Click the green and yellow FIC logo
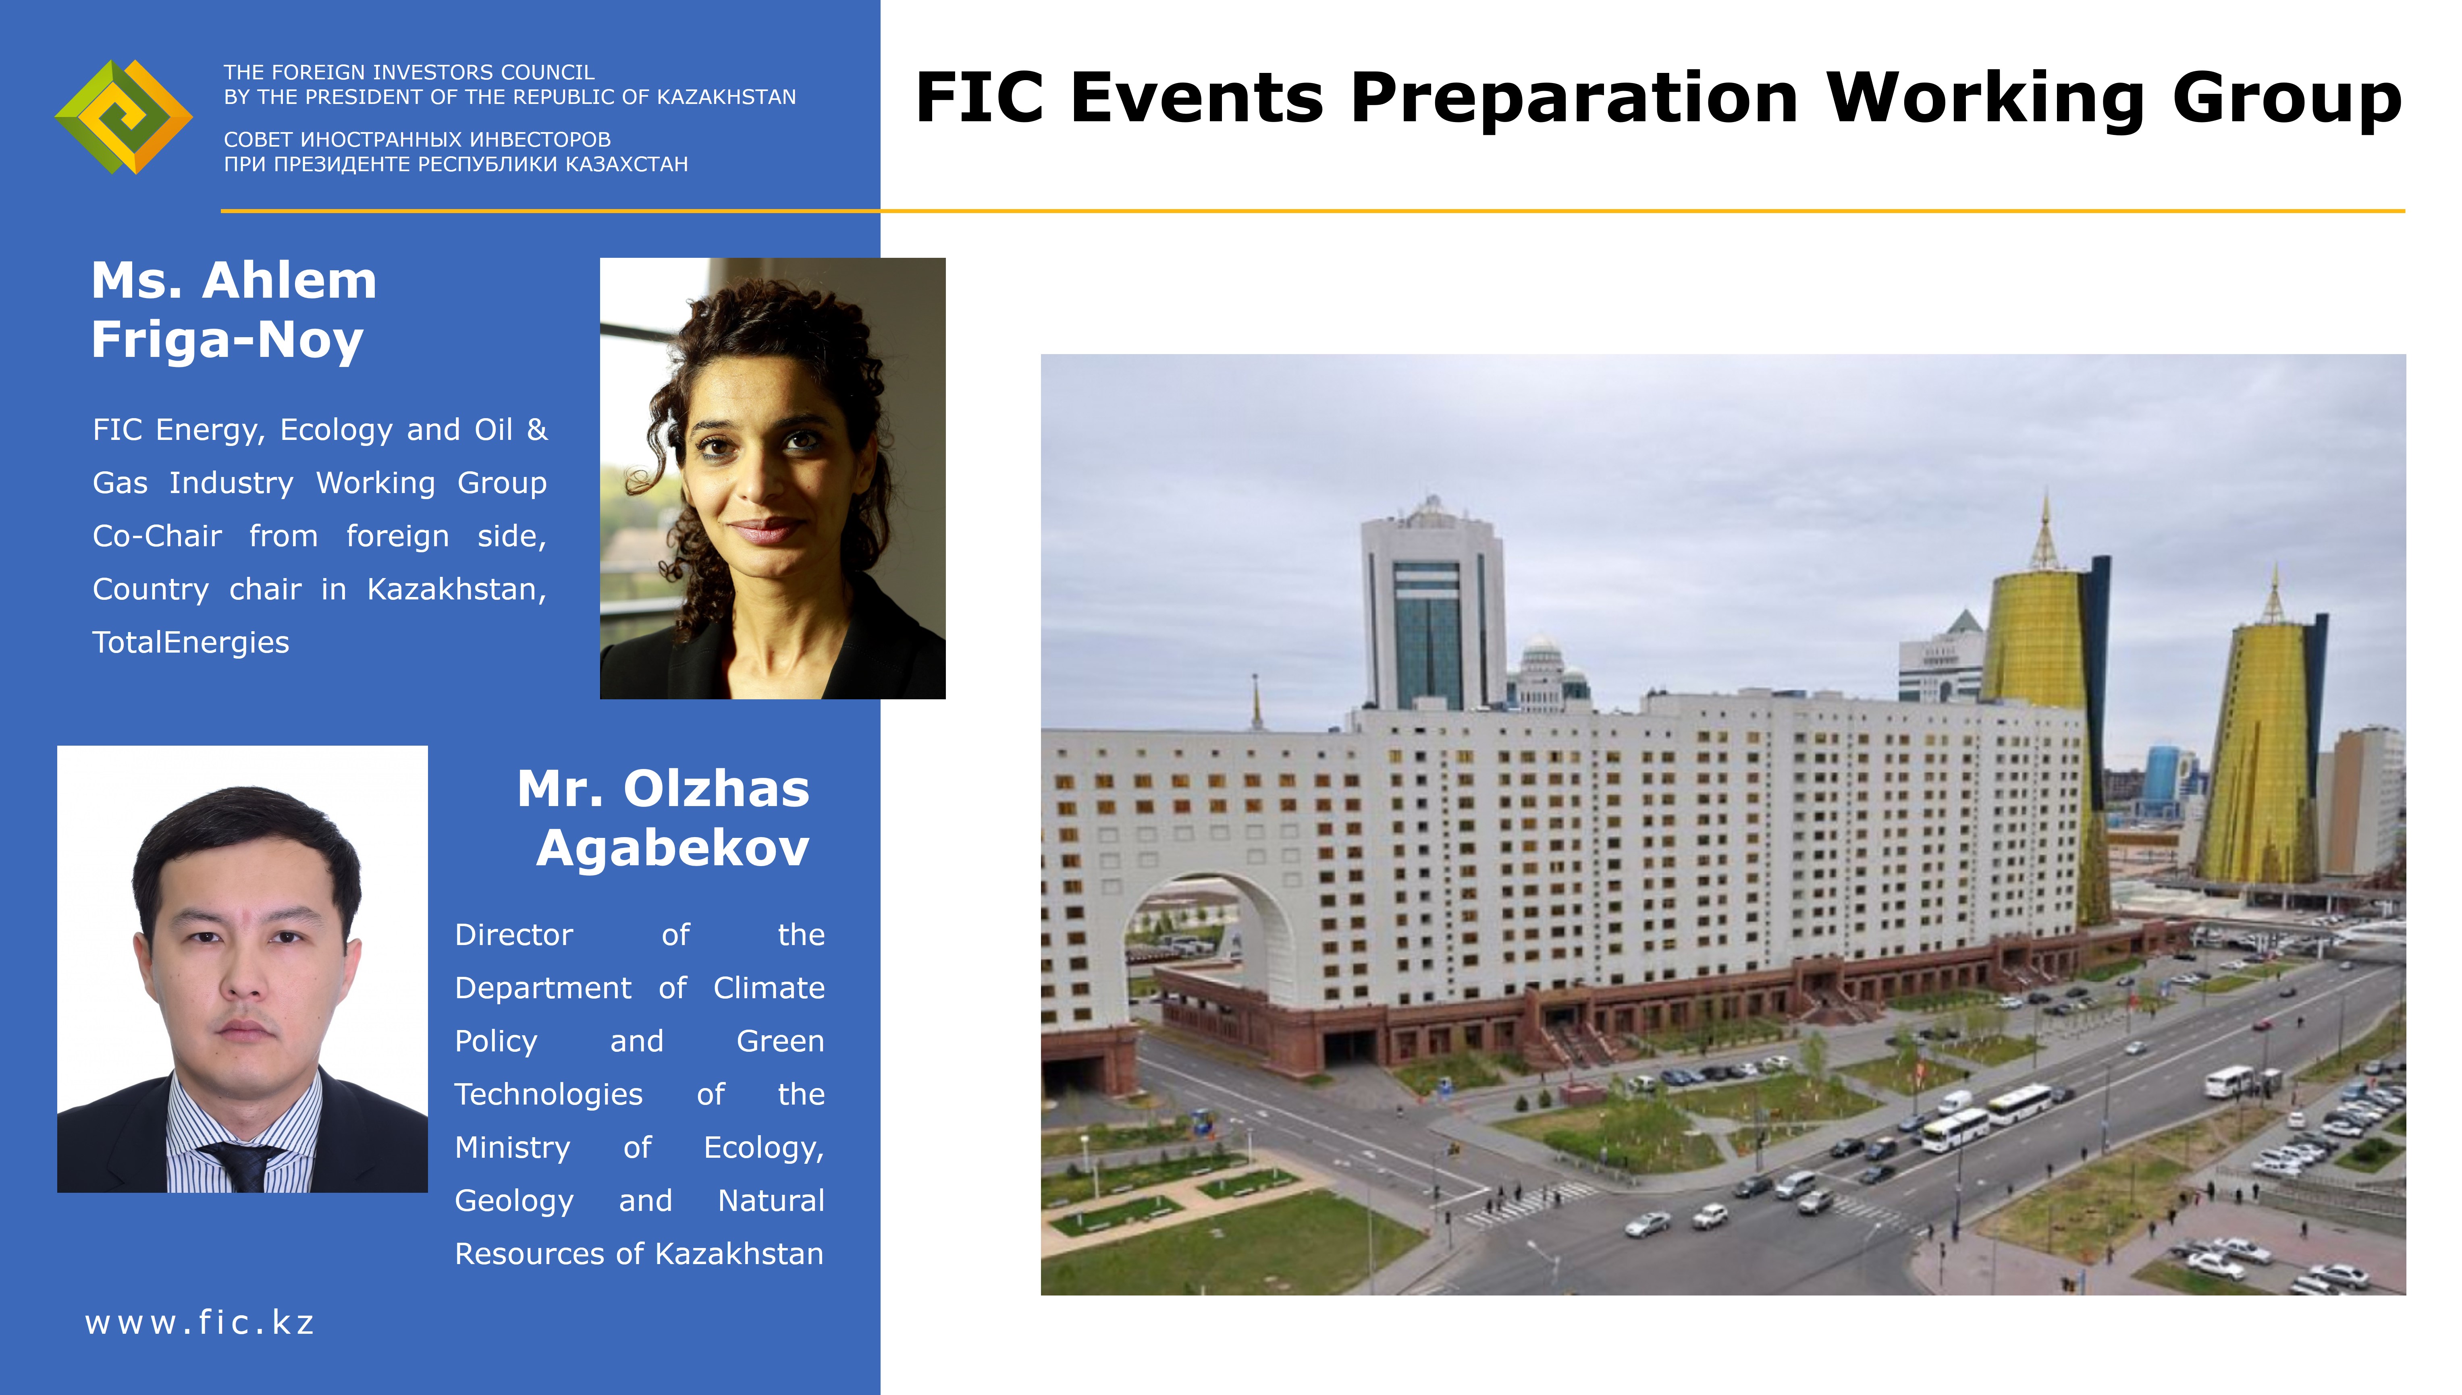coord(124,117)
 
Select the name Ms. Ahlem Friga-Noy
coord(234,309)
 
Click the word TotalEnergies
coord(191,642)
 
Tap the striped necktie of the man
coord(241,1166)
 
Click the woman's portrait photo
coord(773,478)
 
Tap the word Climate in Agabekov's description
coord(769,988)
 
